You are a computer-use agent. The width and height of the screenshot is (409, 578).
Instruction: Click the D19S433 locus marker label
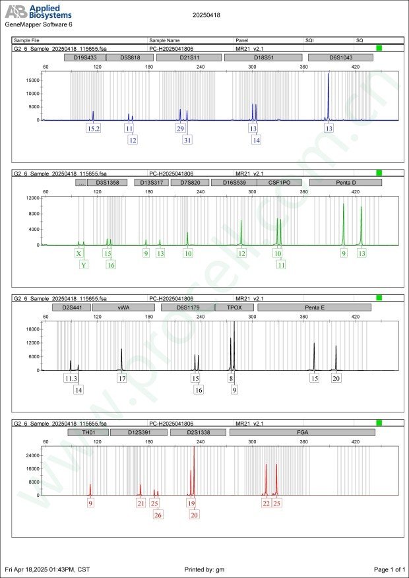(x=84, y=57)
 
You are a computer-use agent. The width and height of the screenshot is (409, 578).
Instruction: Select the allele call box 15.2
(x=94, y=129)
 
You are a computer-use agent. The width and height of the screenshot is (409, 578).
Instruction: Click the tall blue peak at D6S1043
(x=329, y=92)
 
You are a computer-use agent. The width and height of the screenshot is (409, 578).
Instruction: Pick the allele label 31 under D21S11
(x=187, y=140)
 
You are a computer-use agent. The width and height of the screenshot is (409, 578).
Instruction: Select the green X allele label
(x=79, y=253)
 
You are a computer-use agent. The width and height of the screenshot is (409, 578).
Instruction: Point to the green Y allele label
(x=84, y=265)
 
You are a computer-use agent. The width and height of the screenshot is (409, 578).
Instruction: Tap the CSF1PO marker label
(x=283, y=182)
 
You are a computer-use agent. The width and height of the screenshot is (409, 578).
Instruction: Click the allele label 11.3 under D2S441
(x=71, y=379)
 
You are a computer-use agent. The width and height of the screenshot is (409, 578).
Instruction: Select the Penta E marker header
(x=314, y=307)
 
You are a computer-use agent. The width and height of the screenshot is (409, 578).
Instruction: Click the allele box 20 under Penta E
(x=336, y=379)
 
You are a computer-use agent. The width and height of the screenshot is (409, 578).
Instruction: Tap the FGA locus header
(x=302, y=432)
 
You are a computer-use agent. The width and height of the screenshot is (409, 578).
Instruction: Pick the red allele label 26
(x=158, y=515)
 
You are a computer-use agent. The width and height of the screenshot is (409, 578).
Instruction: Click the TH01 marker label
(x=87, y=432)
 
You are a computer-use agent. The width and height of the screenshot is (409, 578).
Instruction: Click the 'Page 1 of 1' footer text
(x=389, y=569)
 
